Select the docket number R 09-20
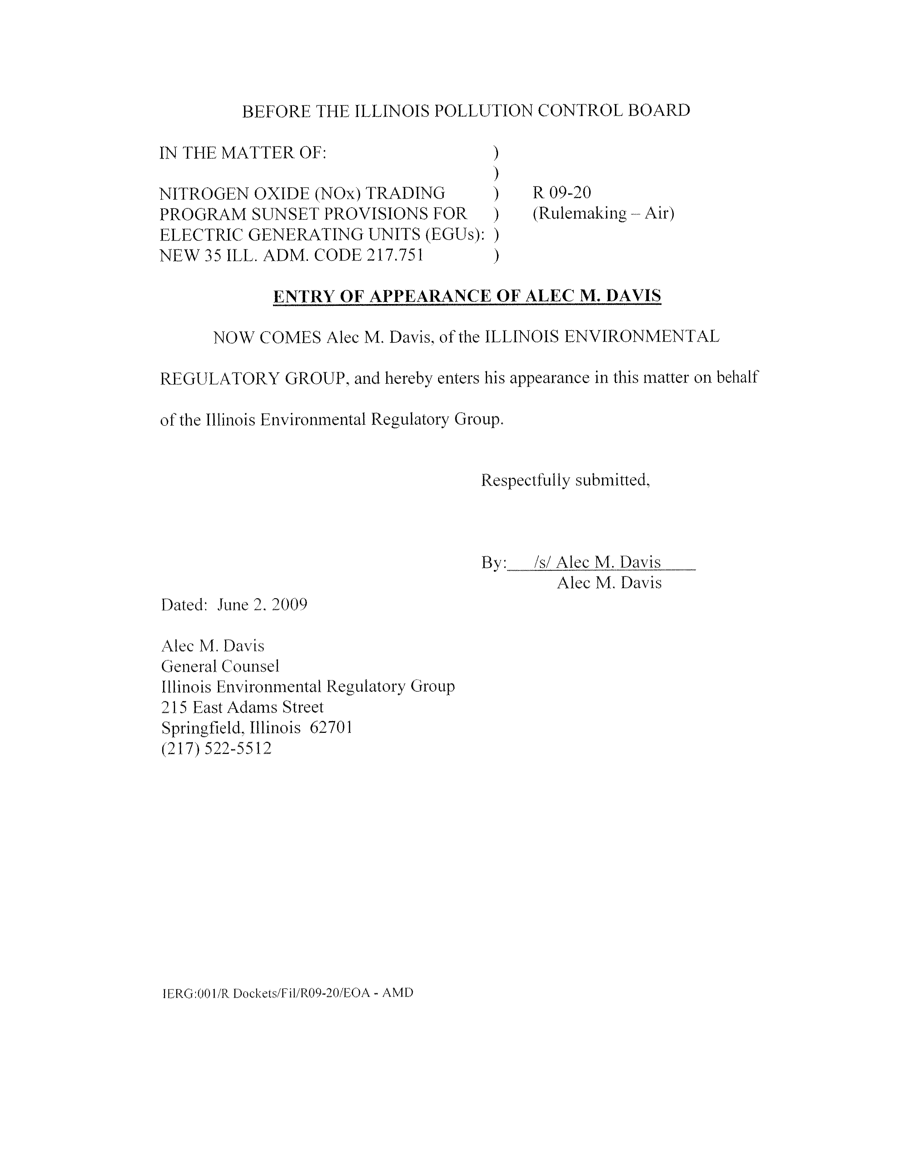coord(561,192)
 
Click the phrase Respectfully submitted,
coord(565,480)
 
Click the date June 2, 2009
coord(262,605)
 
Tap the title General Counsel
coord(220,666)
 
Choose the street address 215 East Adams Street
coord(242,707)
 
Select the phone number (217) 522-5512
coord(216,748)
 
